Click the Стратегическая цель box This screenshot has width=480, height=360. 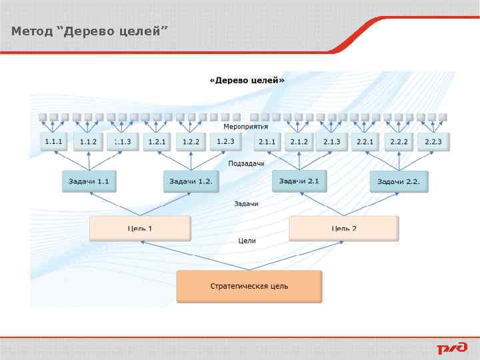(249, 286)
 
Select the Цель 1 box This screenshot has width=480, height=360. (140, 228)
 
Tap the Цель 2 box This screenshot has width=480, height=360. (344, 228)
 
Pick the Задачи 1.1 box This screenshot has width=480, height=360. (89, 181)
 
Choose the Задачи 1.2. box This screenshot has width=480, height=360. (191, 181)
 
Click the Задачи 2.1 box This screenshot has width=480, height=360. (299, 181)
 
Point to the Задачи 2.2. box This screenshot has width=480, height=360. (399, 181)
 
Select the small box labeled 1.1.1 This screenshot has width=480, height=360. (54, 141)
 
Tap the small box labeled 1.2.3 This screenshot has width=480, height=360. (226, 141)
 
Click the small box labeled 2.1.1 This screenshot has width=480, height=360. (267, 141)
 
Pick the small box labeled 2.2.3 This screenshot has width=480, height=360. (433, 141)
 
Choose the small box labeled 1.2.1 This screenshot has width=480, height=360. (157, 141)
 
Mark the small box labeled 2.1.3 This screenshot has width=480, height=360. (332, 141)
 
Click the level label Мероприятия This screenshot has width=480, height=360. (245, 126)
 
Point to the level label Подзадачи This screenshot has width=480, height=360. (246, 163)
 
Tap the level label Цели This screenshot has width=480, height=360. (247, 241)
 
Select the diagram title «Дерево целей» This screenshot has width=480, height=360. (247, 81)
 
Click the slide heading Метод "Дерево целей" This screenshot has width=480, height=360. (89, 31)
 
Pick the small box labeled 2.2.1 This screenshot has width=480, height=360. (365, 141)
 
